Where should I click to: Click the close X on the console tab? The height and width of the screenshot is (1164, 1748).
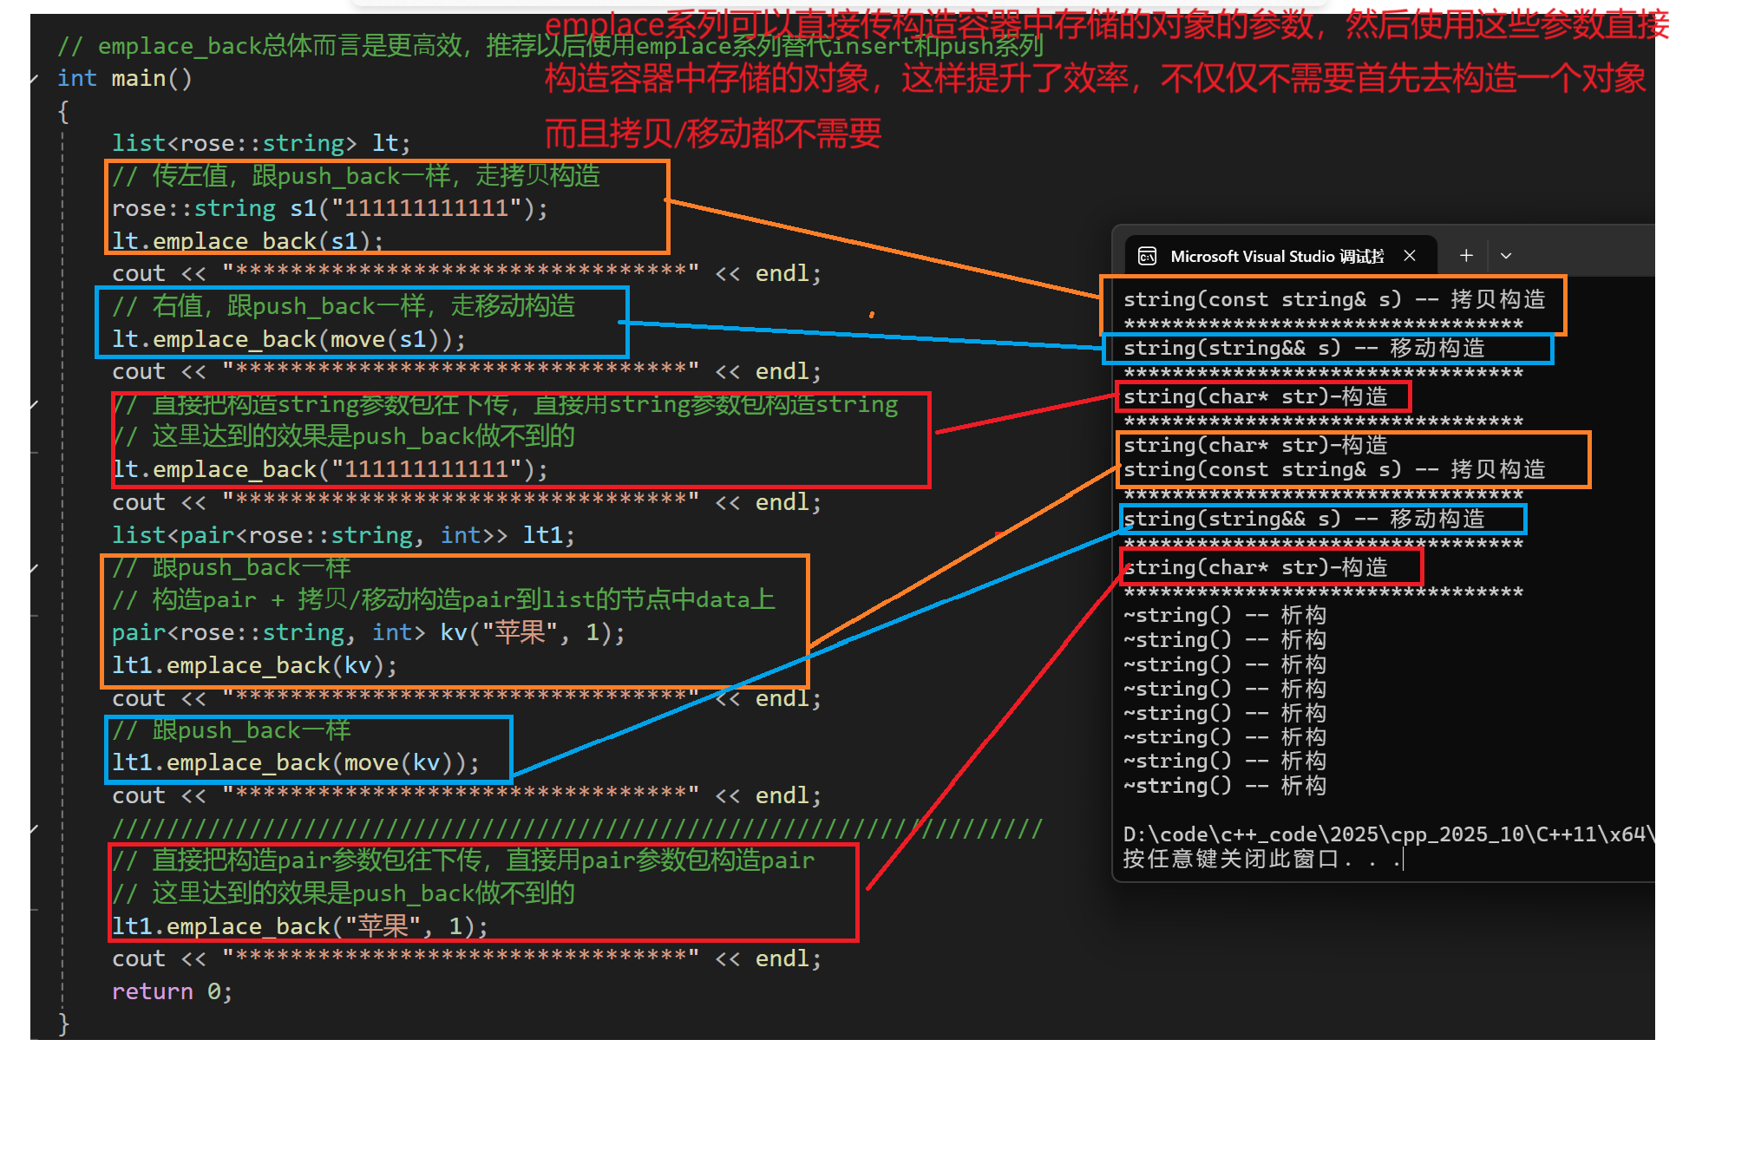(x=1410, y=256)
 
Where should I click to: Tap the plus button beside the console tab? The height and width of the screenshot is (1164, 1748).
(x=1466, y=256)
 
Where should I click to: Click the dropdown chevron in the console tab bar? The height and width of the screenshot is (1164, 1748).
(x=1506, y=256)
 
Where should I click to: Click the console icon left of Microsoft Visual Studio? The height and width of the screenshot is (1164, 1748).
(x=1147, y=256)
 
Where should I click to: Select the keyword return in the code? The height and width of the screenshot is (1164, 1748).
(x=153, y=991)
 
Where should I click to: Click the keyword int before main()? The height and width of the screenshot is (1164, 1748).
(x=76, y=79)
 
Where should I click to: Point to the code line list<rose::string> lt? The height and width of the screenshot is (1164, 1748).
(x=260, y=143)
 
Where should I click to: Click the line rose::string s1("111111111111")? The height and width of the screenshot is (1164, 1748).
(x=330, y=209)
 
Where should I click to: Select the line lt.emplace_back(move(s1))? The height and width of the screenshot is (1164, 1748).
(x=288, y=339)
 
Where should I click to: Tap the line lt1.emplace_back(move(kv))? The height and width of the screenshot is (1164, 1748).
(x=295, y=763)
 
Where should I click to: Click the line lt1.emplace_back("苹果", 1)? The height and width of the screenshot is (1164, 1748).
(x=299, y=926)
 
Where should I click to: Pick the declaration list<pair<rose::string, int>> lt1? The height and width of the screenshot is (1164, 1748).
(x=343, y=535)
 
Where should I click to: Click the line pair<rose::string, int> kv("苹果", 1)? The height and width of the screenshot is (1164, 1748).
(x=368, y=633)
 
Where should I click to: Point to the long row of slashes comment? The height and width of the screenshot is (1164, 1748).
(x=577, y=829)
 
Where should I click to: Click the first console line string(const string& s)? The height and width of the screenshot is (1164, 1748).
(x=1333, y=300)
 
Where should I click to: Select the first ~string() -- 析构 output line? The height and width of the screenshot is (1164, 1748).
(x=1224, y=616)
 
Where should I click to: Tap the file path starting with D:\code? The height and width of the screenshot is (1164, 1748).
(x=1388, y=834)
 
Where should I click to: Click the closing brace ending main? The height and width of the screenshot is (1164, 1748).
(x=63, y=1023)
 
